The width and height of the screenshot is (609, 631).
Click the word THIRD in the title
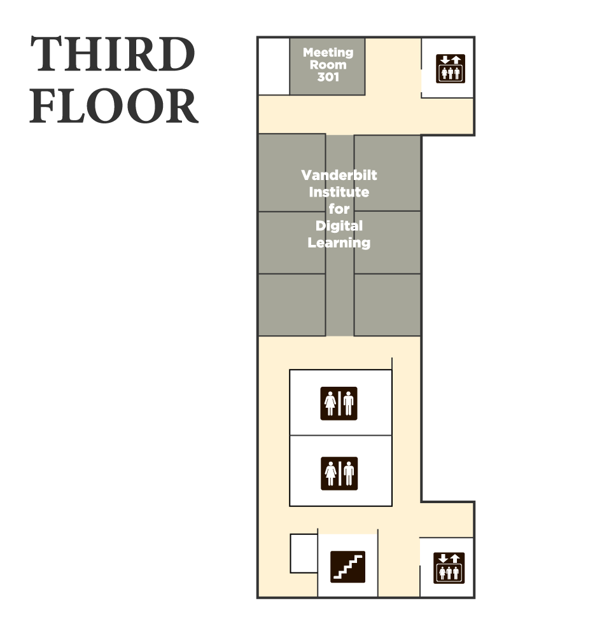click(x=113, y=55)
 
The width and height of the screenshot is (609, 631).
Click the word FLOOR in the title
click(x=115, y=106)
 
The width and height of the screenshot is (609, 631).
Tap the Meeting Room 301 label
click(x=328, y=65)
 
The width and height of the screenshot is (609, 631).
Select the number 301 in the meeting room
click(x=328, y=78)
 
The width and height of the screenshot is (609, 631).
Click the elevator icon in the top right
click(x=451, y=69)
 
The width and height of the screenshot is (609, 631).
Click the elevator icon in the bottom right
click(x=449, y=567)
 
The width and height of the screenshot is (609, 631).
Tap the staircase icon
click(x=348, y=566)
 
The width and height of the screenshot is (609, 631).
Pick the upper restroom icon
click(x=339, y=403)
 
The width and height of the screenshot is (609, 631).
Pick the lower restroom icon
click(x=339, y=473)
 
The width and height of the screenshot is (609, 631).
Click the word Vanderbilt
click(x=339, y=175)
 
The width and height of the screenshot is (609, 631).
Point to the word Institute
click(x=339, y=192)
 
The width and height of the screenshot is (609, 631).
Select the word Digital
click(x=339, y=226)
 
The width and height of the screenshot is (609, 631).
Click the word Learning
click(x=339, y=242)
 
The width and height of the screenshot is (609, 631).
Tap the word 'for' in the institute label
click(x=339, y=209)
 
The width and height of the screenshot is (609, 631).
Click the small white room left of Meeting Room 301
click(x=274, y=66)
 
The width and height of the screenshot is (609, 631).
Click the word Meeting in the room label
click(x=328, y=53)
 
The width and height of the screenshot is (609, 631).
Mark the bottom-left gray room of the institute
click(x=292, y=305)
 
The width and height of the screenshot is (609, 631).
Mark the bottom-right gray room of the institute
click(x=387, y=305)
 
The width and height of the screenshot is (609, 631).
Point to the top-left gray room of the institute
click(x=292, y=172)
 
